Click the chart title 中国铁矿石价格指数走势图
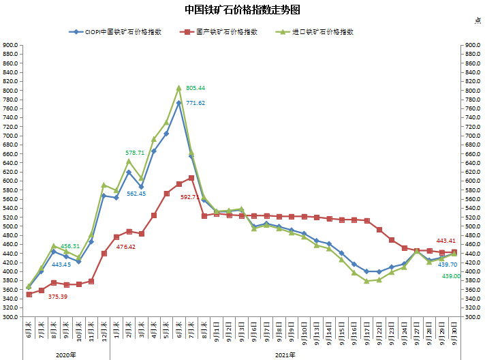[x=242, y=10]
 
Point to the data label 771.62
[x=195, y=103]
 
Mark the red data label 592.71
[x=190, y=197]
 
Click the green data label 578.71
[x=135, y=153]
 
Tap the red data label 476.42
[x=126, y=247]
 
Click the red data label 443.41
[x=446, y=241]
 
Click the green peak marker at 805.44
[x=179, y=88]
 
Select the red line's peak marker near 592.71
[x=191, y=178]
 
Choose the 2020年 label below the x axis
[x=66, y=355]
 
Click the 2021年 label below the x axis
[x=285, y=355]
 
